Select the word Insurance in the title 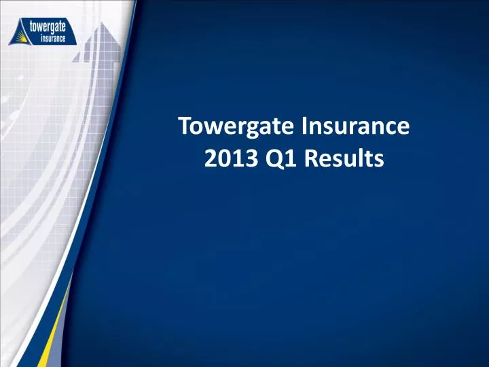coord(357,127)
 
